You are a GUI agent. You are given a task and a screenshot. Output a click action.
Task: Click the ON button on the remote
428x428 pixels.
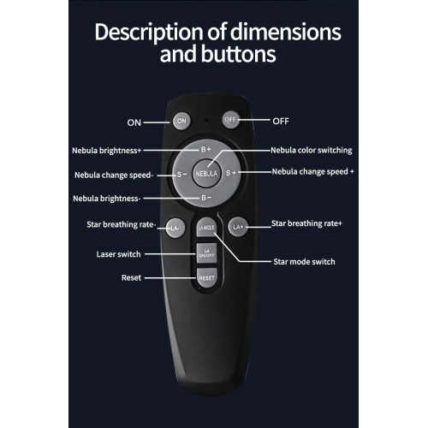coord(181,121)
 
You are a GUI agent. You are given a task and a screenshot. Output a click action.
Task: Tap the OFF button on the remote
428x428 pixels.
coord(230,120)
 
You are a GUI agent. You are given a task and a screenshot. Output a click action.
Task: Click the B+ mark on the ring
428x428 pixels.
coord(206,149)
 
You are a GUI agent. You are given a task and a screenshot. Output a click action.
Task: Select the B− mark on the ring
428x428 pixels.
coord(206,198)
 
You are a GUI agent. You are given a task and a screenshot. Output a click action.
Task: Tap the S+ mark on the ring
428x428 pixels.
coord(231,173)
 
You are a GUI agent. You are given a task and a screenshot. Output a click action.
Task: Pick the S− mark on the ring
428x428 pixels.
coord(181,174)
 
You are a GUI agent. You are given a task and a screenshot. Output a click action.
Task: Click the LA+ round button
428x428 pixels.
coord(238,227)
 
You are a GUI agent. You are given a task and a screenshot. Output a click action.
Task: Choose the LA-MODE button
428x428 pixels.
coord(206,228)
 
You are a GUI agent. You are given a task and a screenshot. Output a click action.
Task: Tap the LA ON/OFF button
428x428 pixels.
coord(206,253)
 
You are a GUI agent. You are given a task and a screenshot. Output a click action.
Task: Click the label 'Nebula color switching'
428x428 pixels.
coord(312,151)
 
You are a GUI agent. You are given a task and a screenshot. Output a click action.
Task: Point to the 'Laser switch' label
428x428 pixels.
coord(118,254)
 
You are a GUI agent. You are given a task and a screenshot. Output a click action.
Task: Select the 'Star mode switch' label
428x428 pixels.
coord(304,262)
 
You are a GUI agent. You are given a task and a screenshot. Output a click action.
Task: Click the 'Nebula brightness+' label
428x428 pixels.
coord(107,151)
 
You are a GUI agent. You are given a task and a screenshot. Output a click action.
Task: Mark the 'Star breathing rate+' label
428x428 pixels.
coord(306,223)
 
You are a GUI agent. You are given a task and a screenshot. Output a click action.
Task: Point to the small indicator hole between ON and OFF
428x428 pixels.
coord(206,120)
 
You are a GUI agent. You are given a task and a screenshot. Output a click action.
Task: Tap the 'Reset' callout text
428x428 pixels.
coord(131,277)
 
